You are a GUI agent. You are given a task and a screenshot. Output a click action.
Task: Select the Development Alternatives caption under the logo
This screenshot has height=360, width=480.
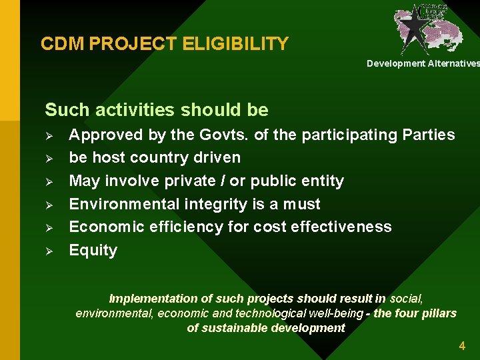pos(423,63)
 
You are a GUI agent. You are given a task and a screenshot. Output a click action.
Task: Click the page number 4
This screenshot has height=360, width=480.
pos(462,345)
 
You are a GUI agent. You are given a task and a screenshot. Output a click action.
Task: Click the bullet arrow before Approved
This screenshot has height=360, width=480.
pos(49,135)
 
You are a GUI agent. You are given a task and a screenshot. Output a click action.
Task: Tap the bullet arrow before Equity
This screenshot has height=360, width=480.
pos(49,251)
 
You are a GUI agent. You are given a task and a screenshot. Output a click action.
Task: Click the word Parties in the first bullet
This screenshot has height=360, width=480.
pos(429,135)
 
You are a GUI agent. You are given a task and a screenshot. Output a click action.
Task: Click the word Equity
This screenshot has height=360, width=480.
pos(93,251)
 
